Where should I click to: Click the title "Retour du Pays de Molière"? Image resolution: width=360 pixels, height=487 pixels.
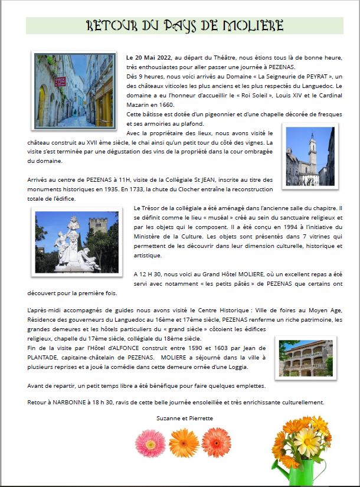(185, 25)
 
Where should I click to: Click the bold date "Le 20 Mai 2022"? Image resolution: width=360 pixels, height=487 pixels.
(148, 57)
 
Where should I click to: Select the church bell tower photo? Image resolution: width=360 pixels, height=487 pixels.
(309, 156)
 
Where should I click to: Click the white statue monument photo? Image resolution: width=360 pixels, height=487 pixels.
(77, 241)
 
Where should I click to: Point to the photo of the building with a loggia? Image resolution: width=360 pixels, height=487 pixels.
(305, 359)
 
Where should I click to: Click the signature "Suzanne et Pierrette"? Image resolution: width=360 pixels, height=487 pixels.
(185, 418)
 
